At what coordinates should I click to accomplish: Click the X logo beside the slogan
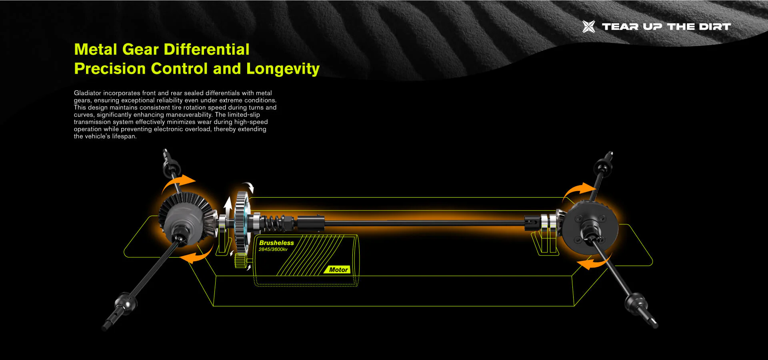[588, 26]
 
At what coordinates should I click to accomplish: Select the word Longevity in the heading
[283, 69]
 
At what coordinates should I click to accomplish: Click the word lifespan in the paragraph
[124, 136]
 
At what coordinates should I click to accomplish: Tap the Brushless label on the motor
[276, 243]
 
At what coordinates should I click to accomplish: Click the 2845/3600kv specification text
[273, 250]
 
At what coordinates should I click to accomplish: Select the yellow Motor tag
[338, 270]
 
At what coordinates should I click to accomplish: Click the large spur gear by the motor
[242, 222]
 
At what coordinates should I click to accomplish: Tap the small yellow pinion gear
[240, 260]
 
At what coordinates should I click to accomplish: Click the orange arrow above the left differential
[178, 183]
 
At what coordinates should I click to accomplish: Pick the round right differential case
[590, 228]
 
